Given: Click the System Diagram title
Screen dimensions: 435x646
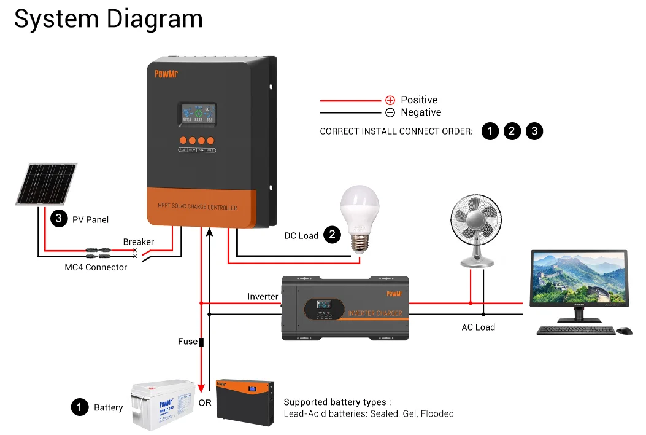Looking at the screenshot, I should point(108,18).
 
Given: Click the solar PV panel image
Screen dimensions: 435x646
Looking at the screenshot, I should point(47,184).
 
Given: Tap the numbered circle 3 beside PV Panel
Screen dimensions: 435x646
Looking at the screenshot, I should point(58,219).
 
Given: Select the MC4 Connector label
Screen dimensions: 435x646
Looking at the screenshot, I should point(96,267).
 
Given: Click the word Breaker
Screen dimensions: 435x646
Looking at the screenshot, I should point(138,242).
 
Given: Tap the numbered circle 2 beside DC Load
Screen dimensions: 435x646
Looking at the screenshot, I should point(332,235).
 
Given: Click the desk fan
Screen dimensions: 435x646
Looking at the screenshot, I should point(478,228).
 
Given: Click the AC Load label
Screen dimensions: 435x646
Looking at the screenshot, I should point(478,327).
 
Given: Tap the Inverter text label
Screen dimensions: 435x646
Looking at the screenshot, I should point(263,297).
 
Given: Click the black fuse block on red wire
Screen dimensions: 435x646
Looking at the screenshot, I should point(201,342).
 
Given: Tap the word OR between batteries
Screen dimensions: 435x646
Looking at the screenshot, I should point(205,404).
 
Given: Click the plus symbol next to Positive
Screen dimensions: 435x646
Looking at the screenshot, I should point(390,100).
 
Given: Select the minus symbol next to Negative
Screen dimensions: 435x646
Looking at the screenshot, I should point(390,112).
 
